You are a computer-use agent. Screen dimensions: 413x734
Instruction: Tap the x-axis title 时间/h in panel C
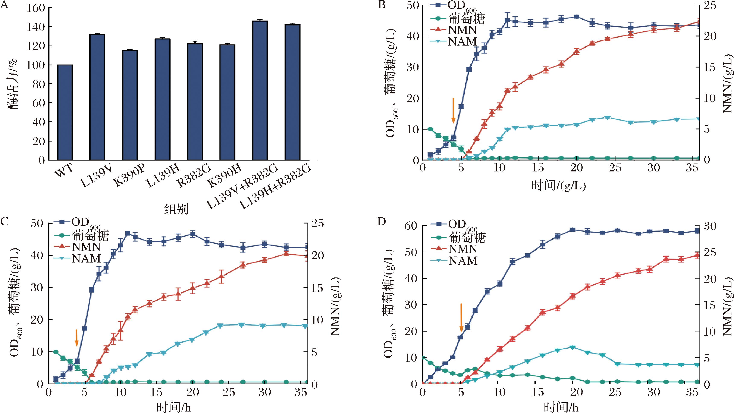[173, 407]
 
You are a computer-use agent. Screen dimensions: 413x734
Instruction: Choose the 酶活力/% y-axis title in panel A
[12, 84]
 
